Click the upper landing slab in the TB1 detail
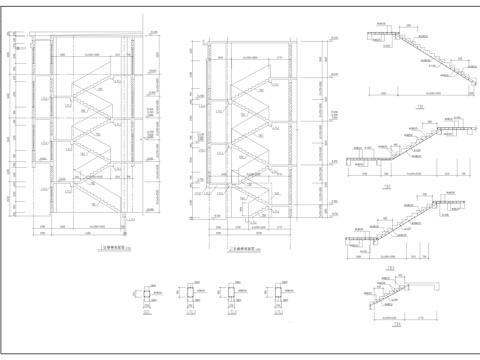(x=381, y=35)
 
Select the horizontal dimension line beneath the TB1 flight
(x=420, y=92)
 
